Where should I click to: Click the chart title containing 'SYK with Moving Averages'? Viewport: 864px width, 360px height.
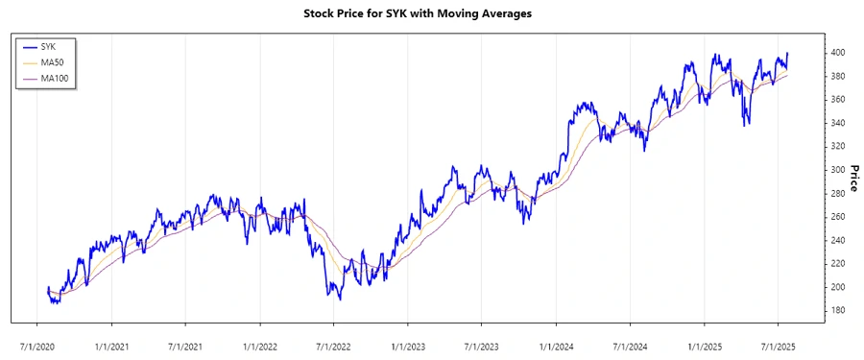(431, 14)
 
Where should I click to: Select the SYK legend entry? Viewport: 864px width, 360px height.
(49, 46)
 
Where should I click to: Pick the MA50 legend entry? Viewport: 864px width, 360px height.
(52, 62)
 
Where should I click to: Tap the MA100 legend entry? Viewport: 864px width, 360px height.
(54, 78)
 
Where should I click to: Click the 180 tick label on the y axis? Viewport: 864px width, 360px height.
(839, 310)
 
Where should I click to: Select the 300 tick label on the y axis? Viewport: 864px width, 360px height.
(839, 170)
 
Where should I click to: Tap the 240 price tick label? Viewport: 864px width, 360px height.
(839, 240)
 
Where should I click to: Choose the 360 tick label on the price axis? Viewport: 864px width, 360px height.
(839, 100)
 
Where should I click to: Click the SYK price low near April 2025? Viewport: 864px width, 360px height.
(746, 125)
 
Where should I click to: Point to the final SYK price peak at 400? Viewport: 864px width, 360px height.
(787, 53)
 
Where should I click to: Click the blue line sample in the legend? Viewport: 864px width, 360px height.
(28, 46)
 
